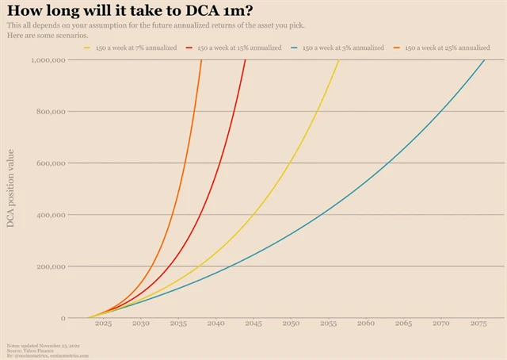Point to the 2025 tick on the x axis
point(103,324)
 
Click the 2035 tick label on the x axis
point(178,324)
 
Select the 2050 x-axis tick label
point(291,324)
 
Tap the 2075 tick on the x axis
point(478,324)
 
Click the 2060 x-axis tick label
point(366,324)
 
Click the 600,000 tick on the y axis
point(51,163)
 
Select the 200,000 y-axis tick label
point(51,266)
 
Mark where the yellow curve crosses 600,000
point(291,163)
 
